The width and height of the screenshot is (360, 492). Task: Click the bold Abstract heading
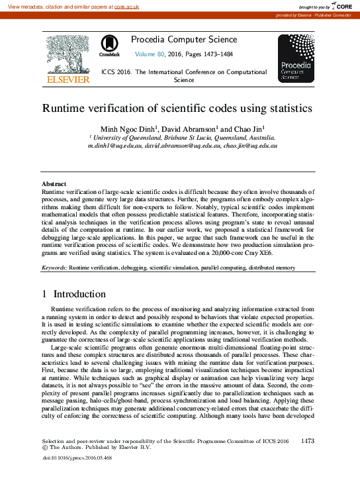pyautogui.click(x=54, y=183)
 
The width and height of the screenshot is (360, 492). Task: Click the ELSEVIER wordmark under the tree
pyautogui.click(x=67, y=80)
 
